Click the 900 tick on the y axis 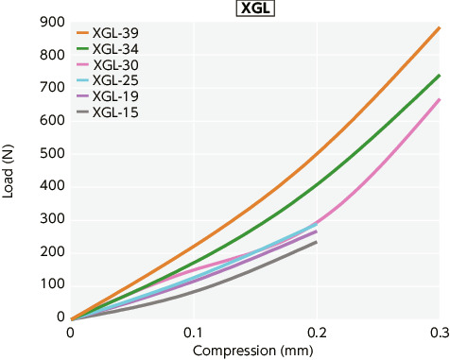(x=52, y=22)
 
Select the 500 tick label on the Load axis (x=52, y=153)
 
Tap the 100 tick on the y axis (x=52, y=284)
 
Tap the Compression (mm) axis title (x=253, y=351)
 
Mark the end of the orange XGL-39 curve (x=440, y=27)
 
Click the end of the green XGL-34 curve (x=440, y=76)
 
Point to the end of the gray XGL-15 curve (x=316, y=242)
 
